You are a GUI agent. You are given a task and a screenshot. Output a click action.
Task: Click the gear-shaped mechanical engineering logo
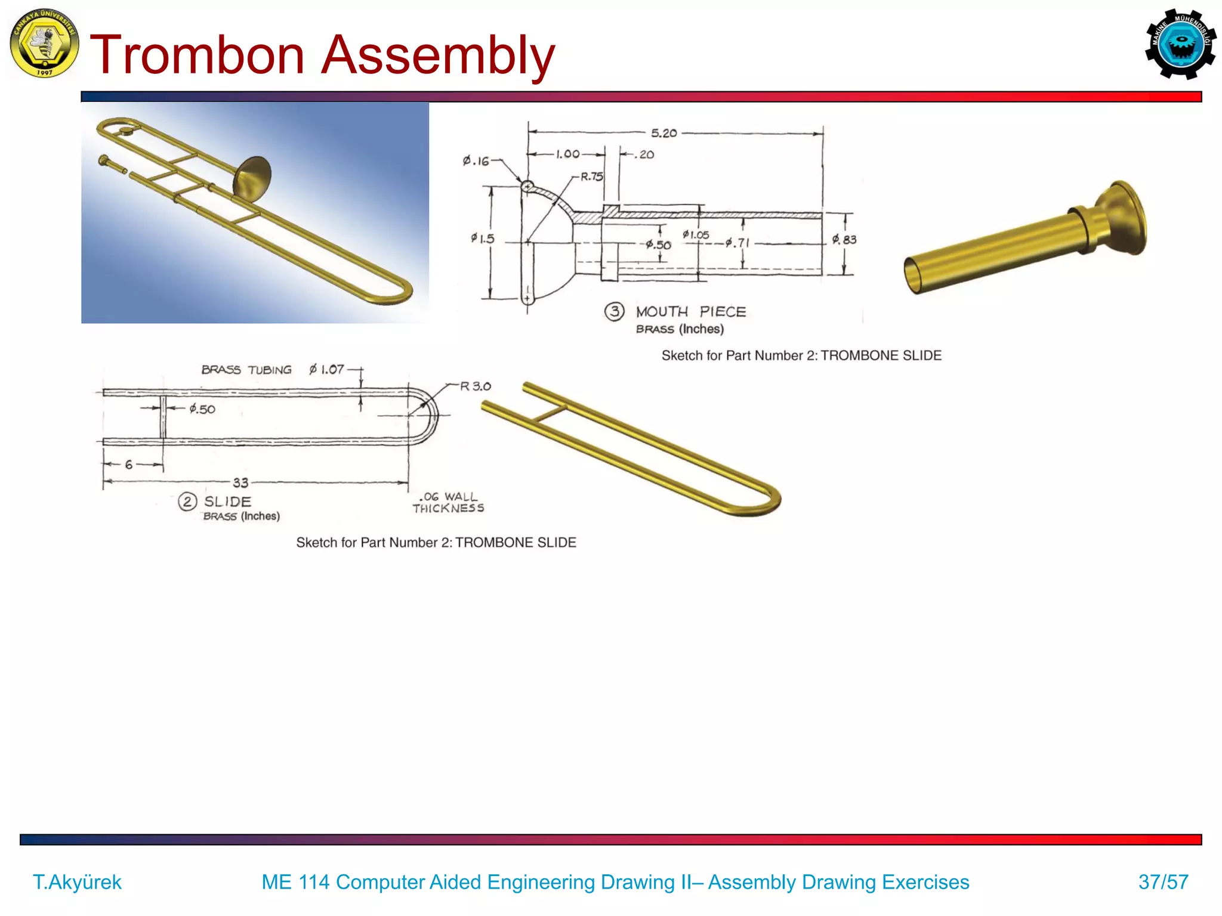point(1180,44)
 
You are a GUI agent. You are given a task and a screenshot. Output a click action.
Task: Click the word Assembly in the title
point(439,55)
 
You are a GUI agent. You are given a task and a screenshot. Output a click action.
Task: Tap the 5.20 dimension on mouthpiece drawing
point(664,133)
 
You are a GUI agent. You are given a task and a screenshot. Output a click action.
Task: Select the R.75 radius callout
point(591,177)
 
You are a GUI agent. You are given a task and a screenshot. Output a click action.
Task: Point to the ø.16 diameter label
point(476,161)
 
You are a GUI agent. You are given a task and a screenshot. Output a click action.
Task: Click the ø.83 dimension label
point(844,240)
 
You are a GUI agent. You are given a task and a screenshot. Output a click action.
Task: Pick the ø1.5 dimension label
point(482,239)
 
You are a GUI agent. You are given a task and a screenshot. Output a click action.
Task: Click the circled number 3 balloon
point(614,311)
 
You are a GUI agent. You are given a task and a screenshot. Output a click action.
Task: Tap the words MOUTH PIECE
point(690,312)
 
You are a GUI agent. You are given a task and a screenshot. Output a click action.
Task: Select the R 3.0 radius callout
point(475,386)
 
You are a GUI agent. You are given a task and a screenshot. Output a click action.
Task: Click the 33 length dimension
point(240,482)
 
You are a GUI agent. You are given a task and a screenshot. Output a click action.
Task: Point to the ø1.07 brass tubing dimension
point(326,370)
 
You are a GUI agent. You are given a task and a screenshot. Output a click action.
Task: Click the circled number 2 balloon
point(187,502)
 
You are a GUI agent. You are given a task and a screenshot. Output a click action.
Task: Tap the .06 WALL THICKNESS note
point(448,503)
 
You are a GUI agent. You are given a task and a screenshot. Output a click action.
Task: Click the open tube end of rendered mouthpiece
point(914,276)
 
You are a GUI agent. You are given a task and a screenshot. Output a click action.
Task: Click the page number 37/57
point(1163,882)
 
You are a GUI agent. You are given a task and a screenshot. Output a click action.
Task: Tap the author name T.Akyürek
point(77,882)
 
